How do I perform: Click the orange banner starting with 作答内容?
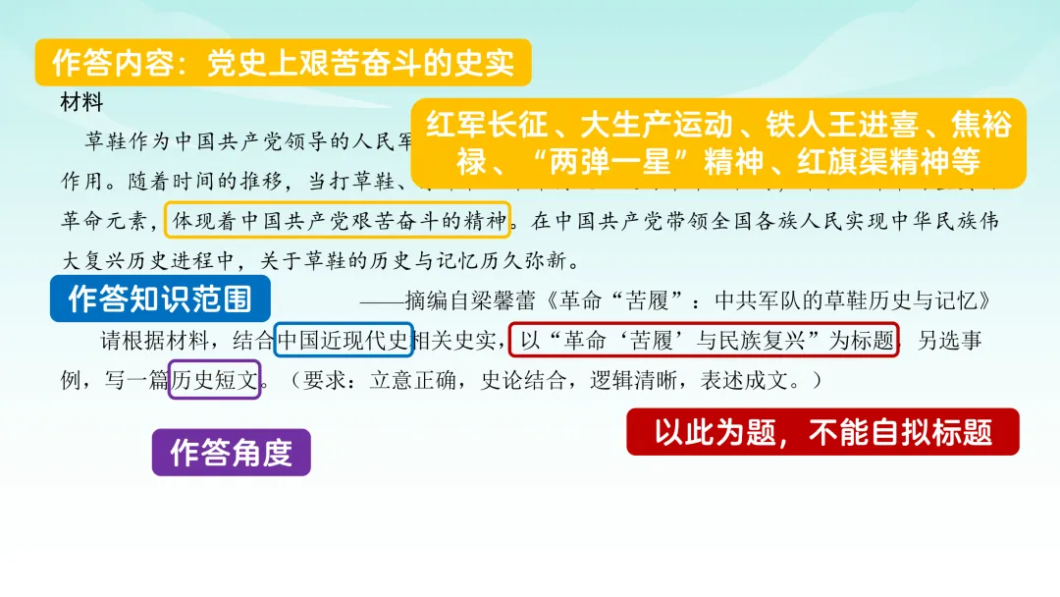coord(283,64)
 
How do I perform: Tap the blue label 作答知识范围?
coord(160,298)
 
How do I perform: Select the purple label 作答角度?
coord(232,453)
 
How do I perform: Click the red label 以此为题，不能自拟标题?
coord(822,432)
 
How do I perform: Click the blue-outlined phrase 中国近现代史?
coord(344,342)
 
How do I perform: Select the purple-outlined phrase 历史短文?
coord(215,380)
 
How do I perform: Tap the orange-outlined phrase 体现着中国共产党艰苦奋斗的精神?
coord(339,221)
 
